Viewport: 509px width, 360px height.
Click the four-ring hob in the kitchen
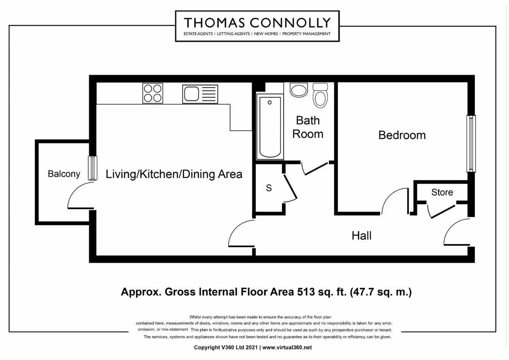[x=153, y=93]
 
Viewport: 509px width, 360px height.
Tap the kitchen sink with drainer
[x=200, y=94]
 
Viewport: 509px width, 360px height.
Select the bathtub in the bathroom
[x=270, y=127]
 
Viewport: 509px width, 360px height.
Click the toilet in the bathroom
[x=320, y=95]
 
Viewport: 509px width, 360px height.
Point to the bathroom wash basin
[x=299, y=90]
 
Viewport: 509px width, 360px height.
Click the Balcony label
[x=64, y=174]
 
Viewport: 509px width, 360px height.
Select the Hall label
[x=361, y=236]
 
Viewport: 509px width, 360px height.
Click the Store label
[x=442, y=192]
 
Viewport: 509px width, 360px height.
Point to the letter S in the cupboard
[x=269, y=188]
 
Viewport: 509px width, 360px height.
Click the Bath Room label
[x=308, y=127]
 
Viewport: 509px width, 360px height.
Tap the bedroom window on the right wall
[x=471, y=144]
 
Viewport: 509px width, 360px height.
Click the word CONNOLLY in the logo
[x=290, y=23]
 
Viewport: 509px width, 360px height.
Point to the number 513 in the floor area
[x=306, y=292]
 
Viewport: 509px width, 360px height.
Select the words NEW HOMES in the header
[x=266, y=34]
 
